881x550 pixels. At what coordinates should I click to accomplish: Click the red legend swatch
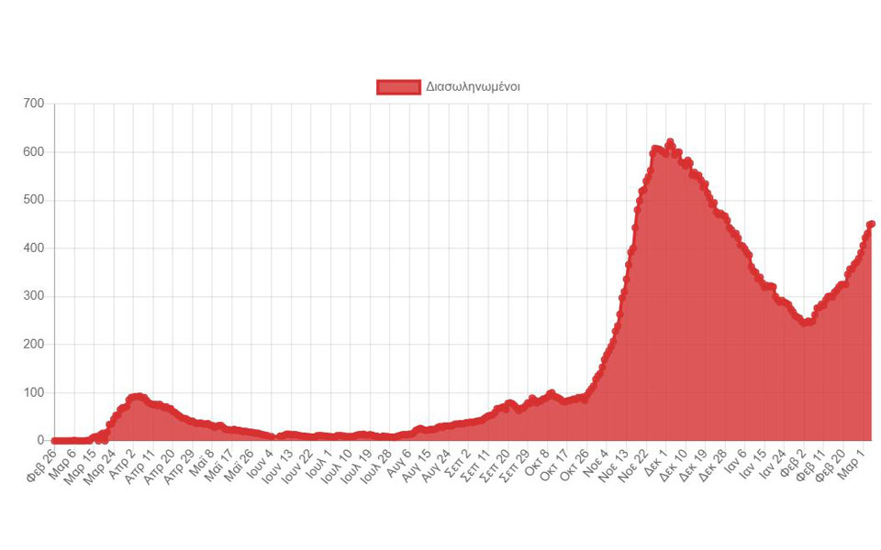(398, 87)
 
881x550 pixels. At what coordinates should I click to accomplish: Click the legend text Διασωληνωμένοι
(474, 87)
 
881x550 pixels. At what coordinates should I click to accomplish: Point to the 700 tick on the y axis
(33, 104)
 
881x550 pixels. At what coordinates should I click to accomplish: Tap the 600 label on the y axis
(33, 152)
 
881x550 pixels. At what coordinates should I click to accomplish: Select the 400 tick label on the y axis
(33, 248)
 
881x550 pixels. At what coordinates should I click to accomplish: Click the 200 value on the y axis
(33, 345)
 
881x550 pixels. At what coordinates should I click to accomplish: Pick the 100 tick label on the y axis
(33, 393)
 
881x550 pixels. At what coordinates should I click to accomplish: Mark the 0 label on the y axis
(40, 441)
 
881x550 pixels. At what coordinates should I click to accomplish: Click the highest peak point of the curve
(670, 143)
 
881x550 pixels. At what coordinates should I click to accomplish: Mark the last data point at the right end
(871, 224)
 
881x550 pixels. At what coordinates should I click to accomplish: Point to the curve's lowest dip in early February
(805, 323)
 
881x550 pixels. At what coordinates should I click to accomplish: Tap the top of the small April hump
(137, 396)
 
